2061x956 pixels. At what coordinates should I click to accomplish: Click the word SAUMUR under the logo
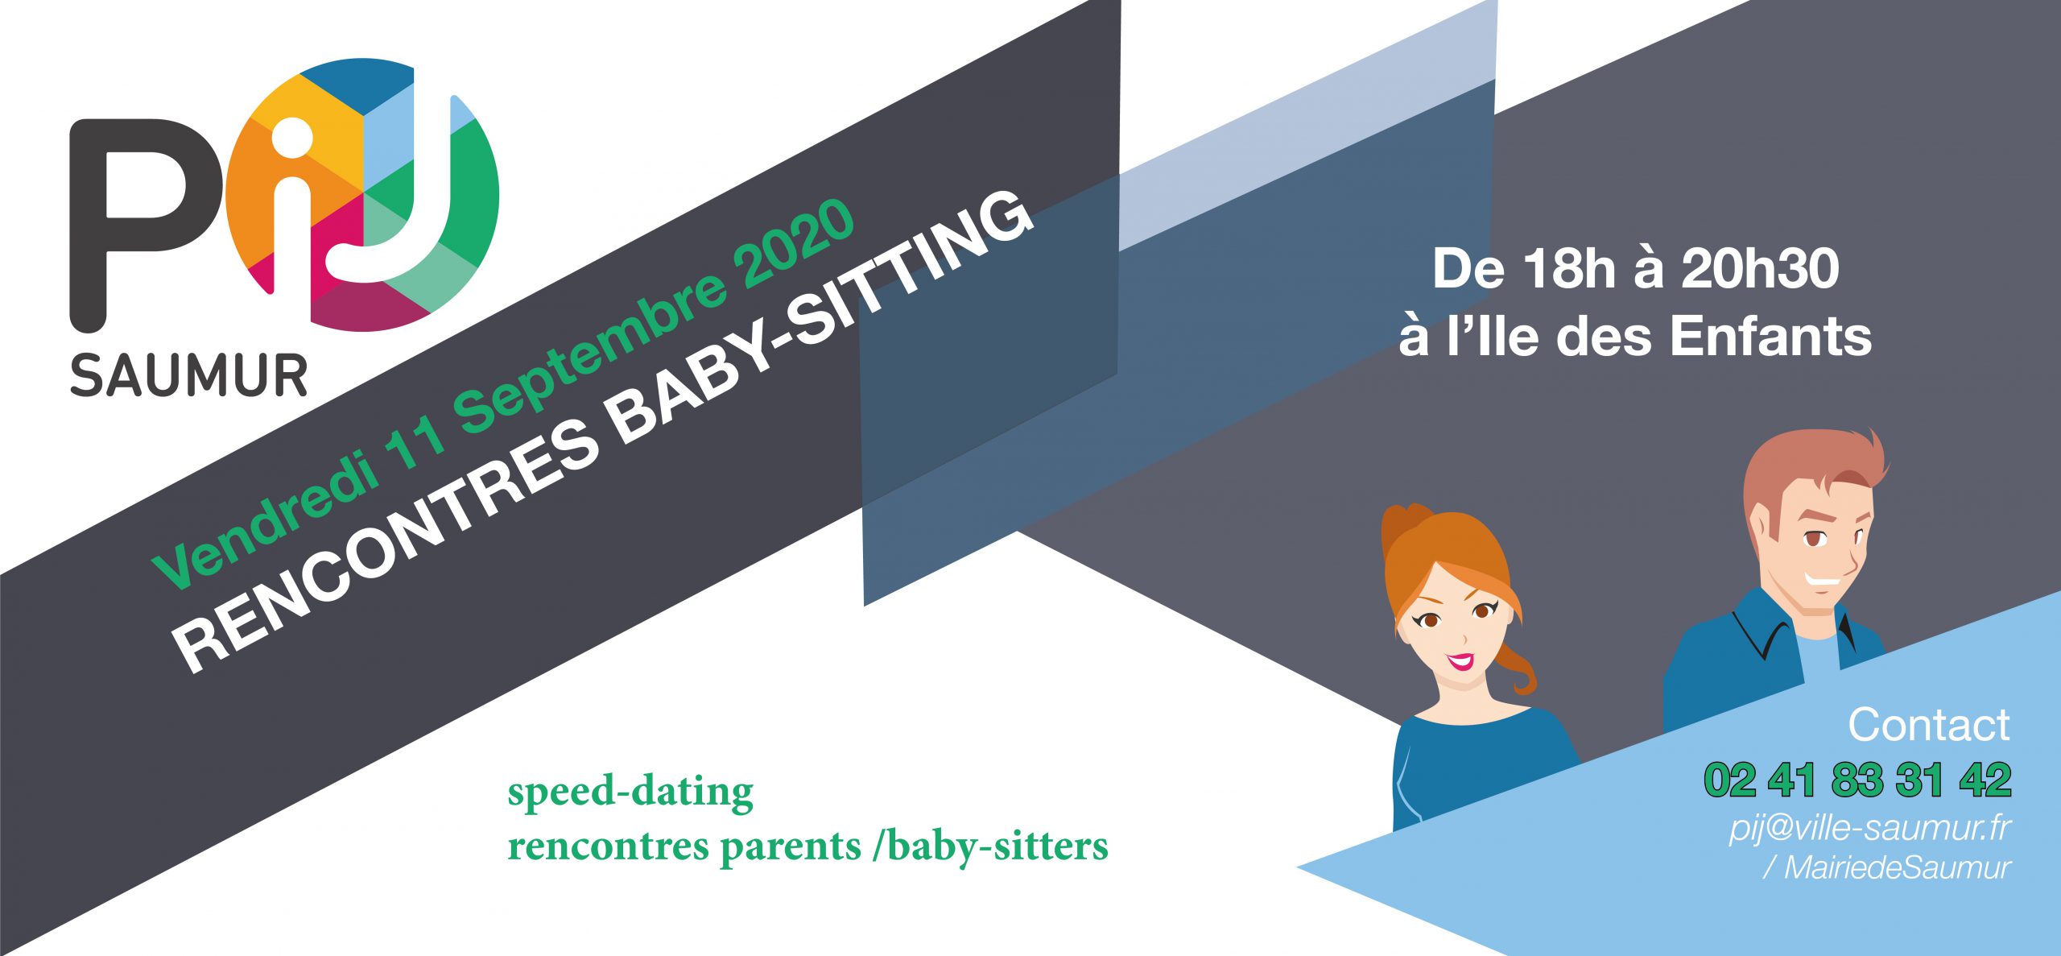coord(189,375)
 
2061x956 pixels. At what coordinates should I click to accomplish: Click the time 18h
coord(1569,269)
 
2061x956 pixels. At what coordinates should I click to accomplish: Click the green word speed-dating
coord(630,793)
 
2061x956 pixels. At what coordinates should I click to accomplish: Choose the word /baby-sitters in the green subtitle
coord(990,846)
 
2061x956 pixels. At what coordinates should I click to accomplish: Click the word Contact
coord(1929,725)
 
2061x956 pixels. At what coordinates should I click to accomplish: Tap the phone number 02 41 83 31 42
coord(1857,780)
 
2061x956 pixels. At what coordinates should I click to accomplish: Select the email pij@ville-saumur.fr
coord(1869,828)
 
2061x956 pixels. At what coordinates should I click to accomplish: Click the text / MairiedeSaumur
coord(1886,867)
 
